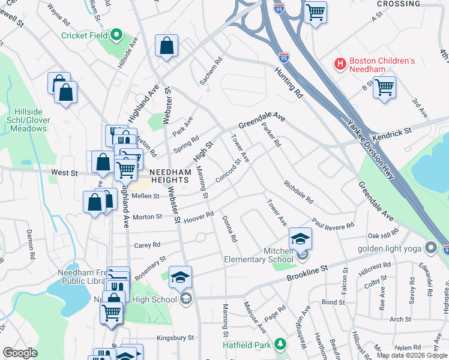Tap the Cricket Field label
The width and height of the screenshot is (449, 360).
(x=85, y=35)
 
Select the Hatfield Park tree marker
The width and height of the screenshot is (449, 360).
(x=279, y=344)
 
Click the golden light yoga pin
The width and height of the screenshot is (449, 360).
(x=430, y=247)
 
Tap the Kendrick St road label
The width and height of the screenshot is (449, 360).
(x=390, y=131)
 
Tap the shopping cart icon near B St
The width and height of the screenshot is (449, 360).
(x=384, y=87)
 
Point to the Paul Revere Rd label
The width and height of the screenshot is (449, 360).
(x=333, y=224)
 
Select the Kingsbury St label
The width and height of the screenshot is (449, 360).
(x=175, y=338)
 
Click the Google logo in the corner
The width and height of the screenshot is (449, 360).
(x=20, y=353)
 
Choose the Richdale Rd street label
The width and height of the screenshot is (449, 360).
(x=298, y=191)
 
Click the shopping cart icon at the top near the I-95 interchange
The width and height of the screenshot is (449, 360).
(x=315, y=11)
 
